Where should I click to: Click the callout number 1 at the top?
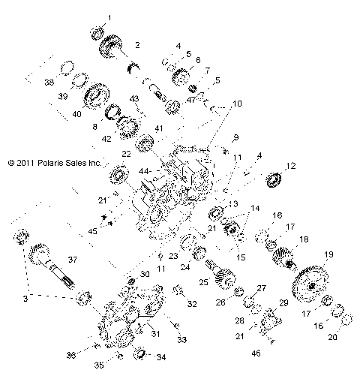pos(109,17)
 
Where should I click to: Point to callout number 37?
pos(73,259)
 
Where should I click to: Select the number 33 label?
pos(181,340)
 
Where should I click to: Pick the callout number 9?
pos(235,137)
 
